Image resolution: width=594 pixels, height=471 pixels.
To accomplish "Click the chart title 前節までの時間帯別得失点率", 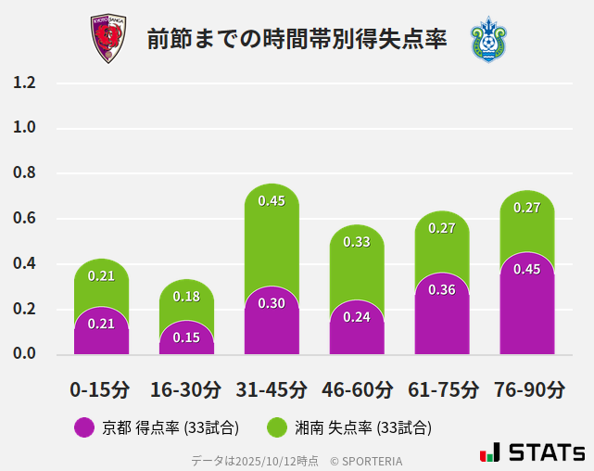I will pyautogui.click(x=297, y=40).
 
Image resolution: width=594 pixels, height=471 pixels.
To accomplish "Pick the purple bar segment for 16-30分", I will pyautogui.click(x=186, y=339).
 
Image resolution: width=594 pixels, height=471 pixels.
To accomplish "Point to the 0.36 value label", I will pyautogui.click(x=442, y=290).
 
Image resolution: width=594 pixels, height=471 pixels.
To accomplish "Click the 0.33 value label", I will pyautogui.click(x=357, y=242).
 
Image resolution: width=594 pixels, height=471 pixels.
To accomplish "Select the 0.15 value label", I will pyautogui.click(x=186, y=337).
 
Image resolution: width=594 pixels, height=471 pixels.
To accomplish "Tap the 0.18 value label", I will pyautogui.click(x=186, y=297).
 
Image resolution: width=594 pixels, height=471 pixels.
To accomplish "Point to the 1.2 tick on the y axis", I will pyautogui.click(x=24, y=83).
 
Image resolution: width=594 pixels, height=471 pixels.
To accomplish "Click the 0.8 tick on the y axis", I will pyautogui.click(x=24, y=173).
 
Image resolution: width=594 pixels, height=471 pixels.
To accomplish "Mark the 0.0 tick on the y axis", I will pyautogui.click(x=24, y=354).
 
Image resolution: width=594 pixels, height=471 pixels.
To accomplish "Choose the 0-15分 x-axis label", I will pyautogui.click(x=101, y=389).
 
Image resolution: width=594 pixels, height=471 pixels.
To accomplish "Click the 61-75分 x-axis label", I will pyautogui.click(x=442, y=389).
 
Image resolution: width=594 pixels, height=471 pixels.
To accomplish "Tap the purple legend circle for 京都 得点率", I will pyautogui.click(x=83, y=427).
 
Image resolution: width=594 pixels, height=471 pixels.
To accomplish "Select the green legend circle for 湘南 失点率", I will pyautogui.click(x=276, y=427).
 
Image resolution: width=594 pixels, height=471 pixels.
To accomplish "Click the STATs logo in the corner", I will pyautogui.click(x=532, y=452).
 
